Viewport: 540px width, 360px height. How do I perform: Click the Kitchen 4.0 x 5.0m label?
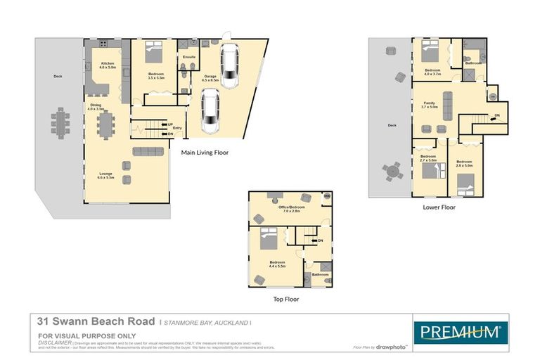[x=107, y=65]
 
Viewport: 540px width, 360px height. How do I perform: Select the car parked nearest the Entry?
[x=210, y=112]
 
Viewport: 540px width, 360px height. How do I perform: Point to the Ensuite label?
[x=188, y=56]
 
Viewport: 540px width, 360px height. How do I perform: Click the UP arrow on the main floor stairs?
[x=169, y=124]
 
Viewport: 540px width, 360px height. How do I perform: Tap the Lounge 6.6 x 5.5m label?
[x=105, y=176]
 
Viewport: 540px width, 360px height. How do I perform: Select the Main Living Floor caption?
[x=205, y=152]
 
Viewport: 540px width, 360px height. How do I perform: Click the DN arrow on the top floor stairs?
[x=319, y=241]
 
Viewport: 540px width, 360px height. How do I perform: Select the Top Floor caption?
[x=286, y=299]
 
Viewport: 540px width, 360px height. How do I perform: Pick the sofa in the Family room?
[x=448, y=96]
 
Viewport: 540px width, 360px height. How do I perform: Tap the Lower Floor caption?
[x=439, y=207]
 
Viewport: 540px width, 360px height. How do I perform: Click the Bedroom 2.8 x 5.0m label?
[x=464, y=164]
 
